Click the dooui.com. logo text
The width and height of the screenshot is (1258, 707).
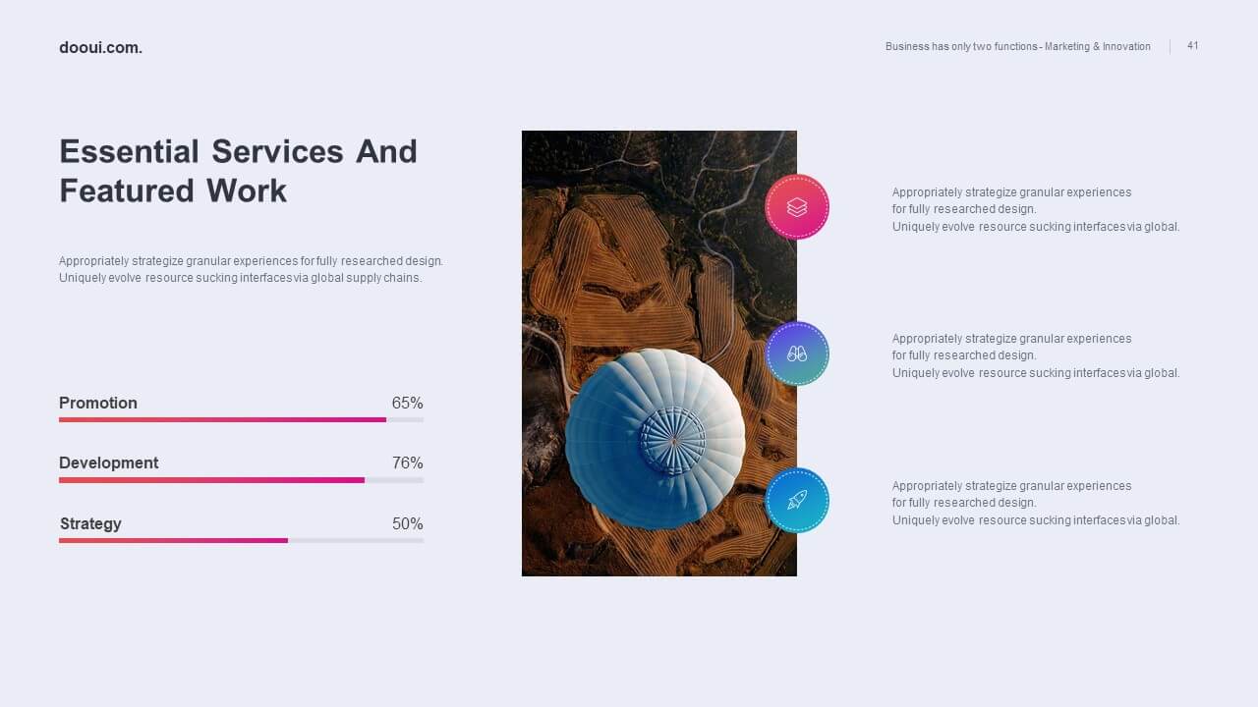(x=100, y=48)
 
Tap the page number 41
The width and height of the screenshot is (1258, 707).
(x=1193, y=45)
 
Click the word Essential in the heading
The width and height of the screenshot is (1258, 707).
(x=129, y=151)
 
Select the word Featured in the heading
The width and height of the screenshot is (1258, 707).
(x=127, y=190)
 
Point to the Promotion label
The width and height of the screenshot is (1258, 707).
(x=98, y=403)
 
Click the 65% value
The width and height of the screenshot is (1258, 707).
(x=407, y=403)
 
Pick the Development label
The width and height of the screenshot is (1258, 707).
(x=108, y=462)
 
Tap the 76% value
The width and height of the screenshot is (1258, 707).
(x=407, y=462)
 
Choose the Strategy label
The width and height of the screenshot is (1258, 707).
(x=90, y=523)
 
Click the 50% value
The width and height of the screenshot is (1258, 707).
(x=407, y=523)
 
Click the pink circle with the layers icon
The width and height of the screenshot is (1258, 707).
(x=797, y=207)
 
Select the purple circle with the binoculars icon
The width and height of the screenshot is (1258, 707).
(x=797, y=353)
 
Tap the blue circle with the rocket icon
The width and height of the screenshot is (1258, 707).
(x=797, y=500)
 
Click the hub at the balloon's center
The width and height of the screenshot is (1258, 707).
(x=673, y=441)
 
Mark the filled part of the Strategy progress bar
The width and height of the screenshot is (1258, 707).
(x=174, y=540)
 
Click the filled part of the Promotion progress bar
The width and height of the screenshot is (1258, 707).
(x=222, y=419)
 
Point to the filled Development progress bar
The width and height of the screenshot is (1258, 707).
(x=211, y=480)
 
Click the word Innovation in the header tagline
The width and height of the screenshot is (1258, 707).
(x=1126, y=46)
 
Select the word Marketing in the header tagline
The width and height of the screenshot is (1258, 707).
(x=1067, y=46)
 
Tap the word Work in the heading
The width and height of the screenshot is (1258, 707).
(x=246, y=190)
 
